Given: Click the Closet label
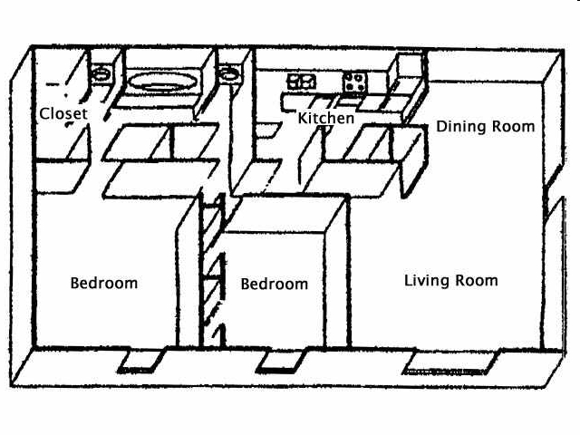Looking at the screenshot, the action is tap(63, 114).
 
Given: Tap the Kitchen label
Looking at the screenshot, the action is tap(326, 119).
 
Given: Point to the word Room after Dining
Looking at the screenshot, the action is tap(514, 127).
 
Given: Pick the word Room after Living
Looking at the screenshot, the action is tap(478, 281).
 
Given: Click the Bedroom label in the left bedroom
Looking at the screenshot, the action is tap(104, 283).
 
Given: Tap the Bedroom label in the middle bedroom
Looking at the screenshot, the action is tap(275, 285).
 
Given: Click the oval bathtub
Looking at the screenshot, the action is tap(163, 82).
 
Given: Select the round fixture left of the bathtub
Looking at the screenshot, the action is tap(101, 73).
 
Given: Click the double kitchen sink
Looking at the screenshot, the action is tap(301, 82).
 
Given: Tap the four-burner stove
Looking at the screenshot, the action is tap(353, 82).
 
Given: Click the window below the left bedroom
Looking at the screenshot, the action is tap(140, 361).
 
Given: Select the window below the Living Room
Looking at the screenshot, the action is tap(450, 362).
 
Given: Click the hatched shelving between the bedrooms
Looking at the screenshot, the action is tap(214, 272).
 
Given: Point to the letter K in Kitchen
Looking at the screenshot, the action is tap(303, 119).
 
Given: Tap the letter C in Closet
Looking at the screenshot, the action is tap(43, 114).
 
